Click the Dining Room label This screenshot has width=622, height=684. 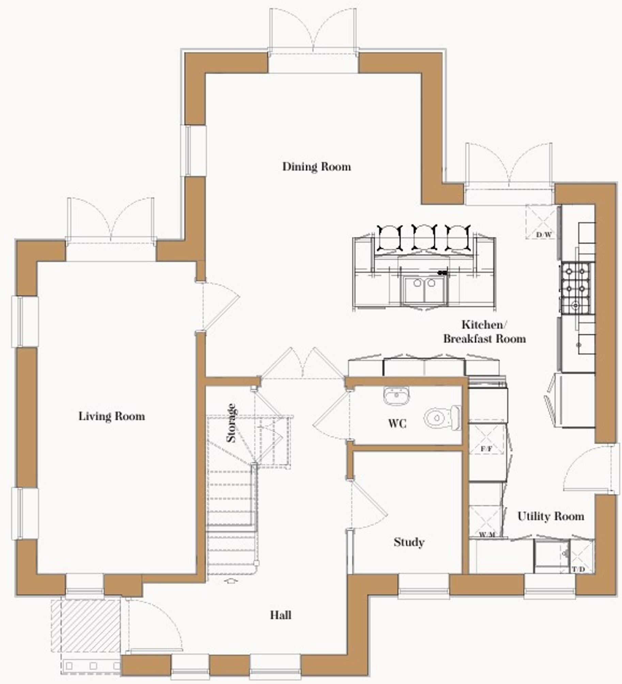point(316,167)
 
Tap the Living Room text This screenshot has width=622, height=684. point(111,416)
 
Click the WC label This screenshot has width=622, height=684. point(397,424)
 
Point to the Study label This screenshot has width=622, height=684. point(409,542)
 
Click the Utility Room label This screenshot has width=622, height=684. point(551,516)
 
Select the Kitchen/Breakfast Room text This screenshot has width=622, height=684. point(484,332)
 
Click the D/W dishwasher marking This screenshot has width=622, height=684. point(543,235)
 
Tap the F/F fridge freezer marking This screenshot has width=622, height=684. point(486,449)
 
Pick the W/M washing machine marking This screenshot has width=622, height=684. point(486,535)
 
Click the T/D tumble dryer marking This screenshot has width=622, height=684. point(578,569)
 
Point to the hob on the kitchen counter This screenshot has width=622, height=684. point(576,288)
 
